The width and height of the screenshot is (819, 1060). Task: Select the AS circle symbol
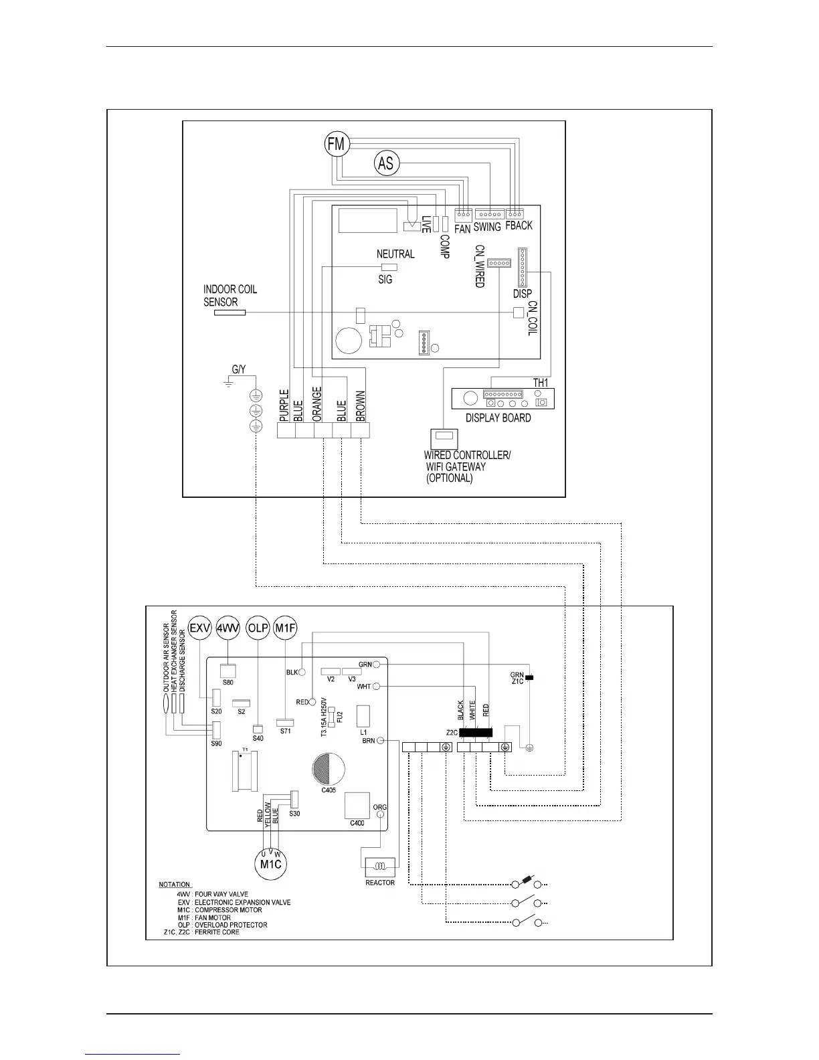coord(386,163)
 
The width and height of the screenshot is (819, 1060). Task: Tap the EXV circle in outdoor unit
coord(199,628)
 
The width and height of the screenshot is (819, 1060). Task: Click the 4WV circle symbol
coord(229,628)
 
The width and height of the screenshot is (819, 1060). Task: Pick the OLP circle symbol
coord(258,628)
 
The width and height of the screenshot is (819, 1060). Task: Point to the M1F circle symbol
coord(286,628)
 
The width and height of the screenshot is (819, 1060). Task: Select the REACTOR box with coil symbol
coord(380,867)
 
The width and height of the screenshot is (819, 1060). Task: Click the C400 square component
coord(357,806)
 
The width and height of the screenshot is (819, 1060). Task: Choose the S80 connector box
coord(229,671)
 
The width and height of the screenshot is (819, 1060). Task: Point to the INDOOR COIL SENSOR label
coord(230,296)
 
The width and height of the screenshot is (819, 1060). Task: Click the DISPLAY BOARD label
coord(498,418)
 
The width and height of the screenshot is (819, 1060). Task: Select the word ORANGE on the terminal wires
coord(318,404)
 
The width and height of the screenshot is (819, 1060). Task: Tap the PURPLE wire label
coord(284,406)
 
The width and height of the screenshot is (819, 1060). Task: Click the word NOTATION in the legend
coord(175,885)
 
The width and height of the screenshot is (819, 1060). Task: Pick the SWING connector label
coord(487,227)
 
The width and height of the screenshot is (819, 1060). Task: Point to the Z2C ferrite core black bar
coord(476,733)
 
